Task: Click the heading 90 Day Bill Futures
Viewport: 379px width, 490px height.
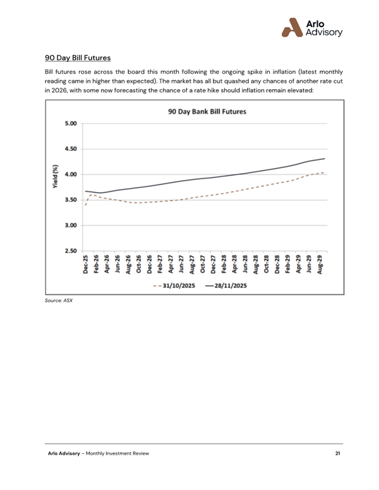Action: tap(78, 58)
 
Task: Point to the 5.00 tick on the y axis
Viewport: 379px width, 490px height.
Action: tap(70, 124)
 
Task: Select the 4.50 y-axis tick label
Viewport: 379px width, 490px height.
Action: tap(70, 149)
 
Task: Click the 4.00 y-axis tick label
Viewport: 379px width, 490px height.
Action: tap(70, 174)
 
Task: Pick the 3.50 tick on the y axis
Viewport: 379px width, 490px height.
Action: tap(70, 200)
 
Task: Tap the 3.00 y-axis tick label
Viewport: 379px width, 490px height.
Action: tap(70, 225)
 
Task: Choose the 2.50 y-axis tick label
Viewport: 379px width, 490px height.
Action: tap(70, 251)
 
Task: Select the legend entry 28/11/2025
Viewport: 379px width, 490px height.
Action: tap(227, 285)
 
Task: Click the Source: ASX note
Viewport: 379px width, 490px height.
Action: tap(58, 301)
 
